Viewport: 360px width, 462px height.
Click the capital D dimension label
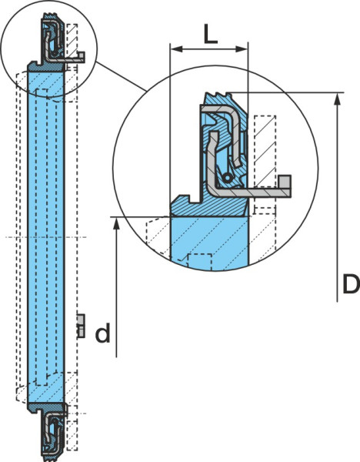point(352,283)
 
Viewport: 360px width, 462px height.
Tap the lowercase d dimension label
point(103,333)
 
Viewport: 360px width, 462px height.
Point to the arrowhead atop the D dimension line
point(338,99)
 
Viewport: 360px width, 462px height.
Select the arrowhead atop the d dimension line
point(117,223)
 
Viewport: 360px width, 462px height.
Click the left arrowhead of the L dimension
point(177,49)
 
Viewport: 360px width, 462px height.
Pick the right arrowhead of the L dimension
point(241,49)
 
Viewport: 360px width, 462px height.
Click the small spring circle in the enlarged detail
point(227,178)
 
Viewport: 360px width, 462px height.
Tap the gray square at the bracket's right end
point(285,181)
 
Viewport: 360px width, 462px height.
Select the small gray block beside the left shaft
point(81,326)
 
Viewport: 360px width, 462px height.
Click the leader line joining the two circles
point(122,76)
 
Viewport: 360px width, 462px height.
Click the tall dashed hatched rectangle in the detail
point(265,151)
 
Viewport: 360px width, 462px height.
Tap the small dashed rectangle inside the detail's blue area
point(199,261)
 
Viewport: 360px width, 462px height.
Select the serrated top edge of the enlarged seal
point(218,95)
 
